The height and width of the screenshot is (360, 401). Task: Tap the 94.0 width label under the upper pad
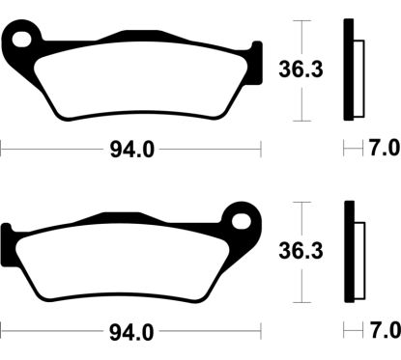click(x=131, y=150)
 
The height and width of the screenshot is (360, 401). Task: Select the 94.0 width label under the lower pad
click(x=131, y=332)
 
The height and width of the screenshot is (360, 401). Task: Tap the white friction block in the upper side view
click(x=359, y=72)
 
